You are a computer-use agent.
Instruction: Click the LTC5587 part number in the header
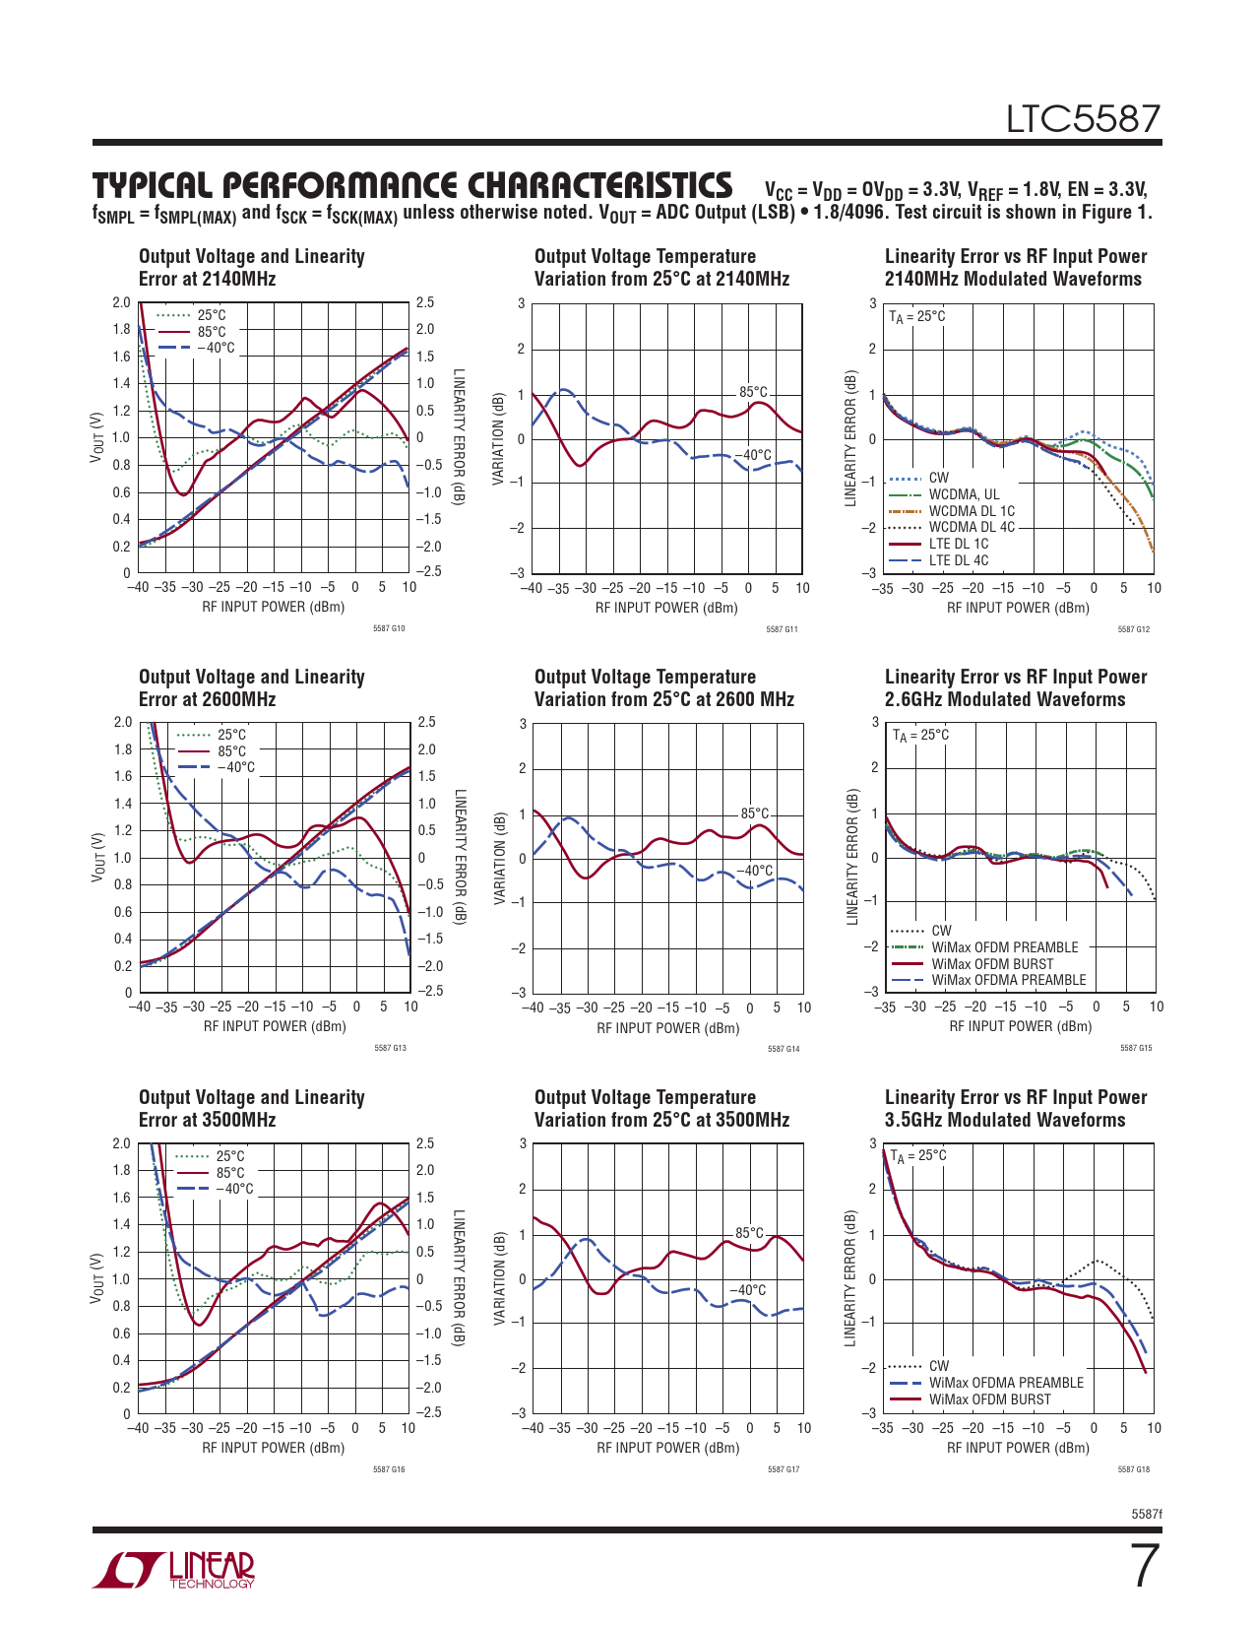click(x=1083, y=119)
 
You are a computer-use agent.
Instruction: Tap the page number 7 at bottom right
click(x=1143, y=1567)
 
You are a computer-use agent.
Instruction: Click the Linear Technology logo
click(x=174, y=1570)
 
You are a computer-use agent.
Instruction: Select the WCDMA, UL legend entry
click(x=964, y=494)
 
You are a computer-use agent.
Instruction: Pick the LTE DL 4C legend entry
click(x=958, y=560)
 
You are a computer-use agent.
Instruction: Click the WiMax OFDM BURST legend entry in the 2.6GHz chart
click(x=992, y=964)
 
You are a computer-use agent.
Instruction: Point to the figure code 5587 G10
click(x=389, y=628)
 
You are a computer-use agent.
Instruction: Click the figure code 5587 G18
click(x=1134, y=1469)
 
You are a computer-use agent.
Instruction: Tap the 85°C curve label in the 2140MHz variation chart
click(x=753, y=393)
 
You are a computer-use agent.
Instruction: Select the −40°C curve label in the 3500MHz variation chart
click(x=748, y=1290)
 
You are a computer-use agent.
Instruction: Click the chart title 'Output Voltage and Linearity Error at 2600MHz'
click(x=251, y=687)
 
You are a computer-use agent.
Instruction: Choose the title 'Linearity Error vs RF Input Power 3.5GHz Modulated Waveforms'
click(x=1015, y=1108)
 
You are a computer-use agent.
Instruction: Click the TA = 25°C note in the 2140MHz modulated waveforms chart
click(x=916, y=316)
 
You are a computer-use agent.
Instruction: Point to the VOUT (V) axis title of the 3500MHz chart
click(x=97, y=1278)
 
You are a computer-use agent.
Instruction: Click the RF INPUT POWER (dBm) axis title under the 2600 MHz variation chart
click(x=667, y=1028)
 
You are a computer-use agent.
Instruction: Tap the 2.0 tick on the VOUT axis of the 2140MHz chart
click(x=121, y=302)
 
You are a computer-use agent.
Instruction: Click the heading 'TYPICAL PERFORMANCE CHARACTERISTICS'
click(x=412, y=185)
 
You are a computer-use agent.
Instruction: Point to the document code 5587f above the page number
click(x=1147, y=1513)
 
